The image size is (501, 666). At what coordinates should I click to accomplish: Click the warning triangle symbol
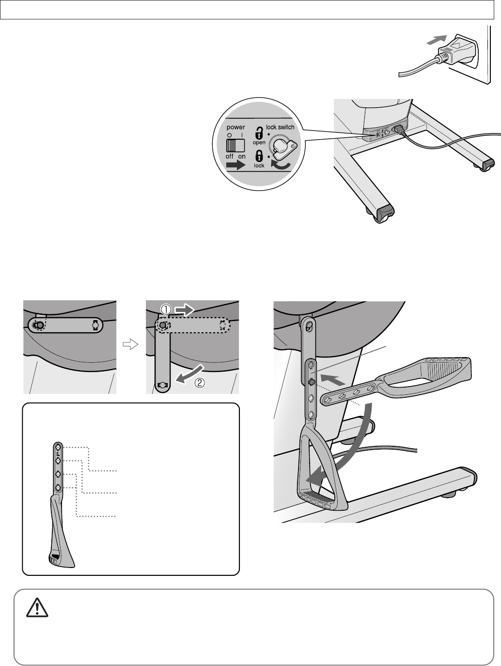37,608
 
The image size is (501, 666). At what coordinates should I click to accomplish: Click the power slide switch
235,145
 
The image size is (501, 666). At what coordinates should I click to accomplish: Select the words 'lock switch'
280,127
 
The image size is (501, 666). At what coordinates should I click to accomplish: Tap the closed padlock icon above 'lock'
259,156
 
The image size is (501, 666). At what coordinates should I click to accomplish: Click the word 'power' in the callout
236,127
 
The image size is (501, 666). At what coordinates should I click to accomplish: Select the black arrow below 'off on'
236,165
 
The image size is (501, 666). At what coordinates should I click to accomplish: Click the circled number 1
166,310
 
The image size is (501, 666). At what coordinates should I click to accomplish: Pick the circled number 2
200,383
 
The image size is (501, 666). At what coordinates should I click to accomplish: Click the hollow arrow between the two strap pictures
130,344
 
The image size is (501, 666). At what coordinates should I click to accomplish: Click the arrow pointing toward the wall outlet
437,40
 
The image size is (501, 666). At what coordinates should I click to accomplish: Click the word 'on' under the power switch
242,157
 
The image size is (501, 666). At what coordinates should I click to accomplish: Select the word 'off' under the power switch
230,156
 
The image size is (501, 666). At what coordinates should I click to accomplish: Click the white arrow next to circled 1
185,310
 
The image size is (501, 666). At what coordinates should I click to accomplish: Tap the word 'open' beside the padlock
259,143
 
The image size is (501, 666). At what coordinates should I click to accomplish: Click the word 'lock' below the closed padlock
259,165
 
